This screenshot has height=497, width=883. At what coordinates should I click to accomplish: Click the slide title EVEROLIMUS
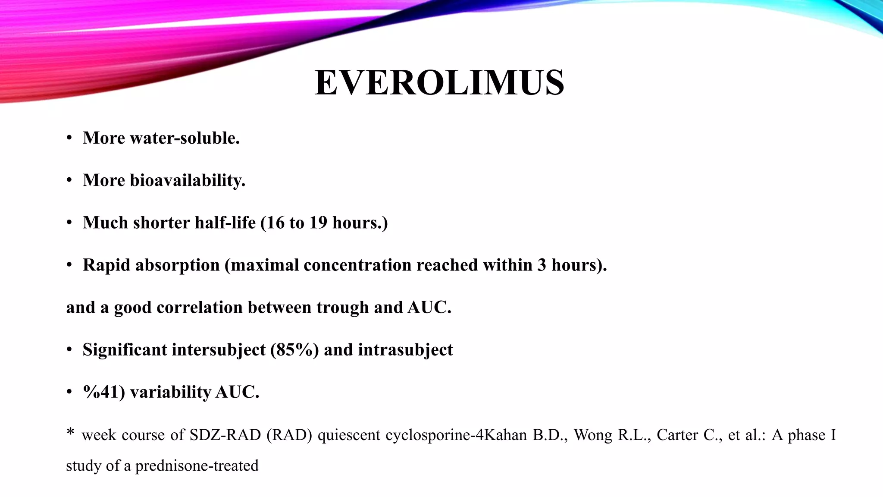(439, 82)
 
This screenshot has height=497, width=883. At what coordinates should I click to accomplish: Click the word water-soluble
(185, 138)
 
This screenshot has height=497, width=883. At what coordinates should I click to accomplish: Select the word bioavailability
(188, 180)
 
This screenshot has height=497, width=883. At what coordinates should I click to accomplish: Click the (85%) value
(294, 349)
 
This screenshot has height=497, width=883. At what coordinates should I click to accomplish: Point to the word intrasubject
(405, 349)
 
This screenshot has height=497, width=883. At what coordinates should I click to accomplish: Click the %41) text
(104, 392)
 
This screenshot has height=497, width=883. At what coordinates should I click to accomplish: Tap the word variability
(170, 392)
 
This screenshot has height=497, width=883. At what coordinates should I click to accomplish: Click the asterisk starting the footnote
(70, 432)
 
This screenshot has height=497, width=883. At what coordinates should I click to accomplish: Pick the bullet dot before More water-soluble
(69, 138)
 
